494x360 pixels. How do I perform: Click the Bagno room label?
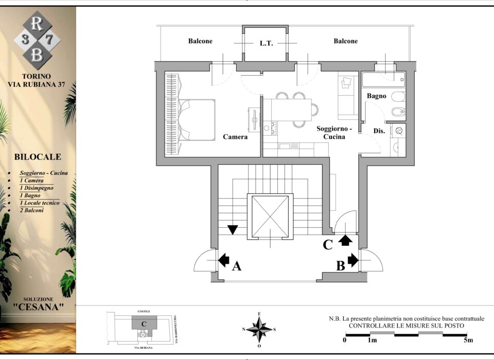[x=377, y=96]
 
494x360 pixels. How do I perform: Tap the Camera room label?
[x=235, y=137]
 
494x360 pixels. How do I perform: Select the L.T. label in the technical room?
[x=266, y=44]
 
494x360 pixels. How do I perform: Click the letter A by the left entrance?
[x=237, y=266]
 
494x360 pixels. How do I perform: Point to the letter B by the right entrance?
[x=341, y=266]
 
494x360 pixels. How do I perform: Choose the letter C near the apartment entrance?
[x=328, y=245]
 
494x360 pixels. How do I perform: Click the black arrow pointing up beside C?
[x=346, y=240]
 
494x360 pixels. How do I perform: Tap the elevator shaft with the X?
[x=270, y=217]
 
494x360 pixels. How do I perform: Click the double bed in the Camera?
[x=197, y=120]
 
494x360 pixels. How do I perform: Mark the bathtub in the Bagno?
[x=383, y=80]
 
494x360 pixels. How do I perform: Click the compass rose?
[x=259, y=330]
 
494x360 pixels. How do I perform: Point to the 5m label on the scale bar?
[x=468, y=340]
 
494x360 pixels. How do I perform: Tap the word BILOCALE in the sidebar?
[x=38, y=157]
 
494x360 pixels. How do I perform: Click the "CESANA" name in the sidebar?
[x=39, y=307]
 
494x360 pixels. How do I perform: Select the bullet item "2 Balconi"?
[x=31, y=210]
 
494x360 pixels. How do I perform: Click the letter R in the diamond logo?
[x=37, y=24]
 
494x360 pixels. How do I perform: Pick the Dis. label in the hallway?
[x=379, y=131]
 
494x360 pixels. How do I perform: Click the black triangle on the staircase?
[x=233, y=229]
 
